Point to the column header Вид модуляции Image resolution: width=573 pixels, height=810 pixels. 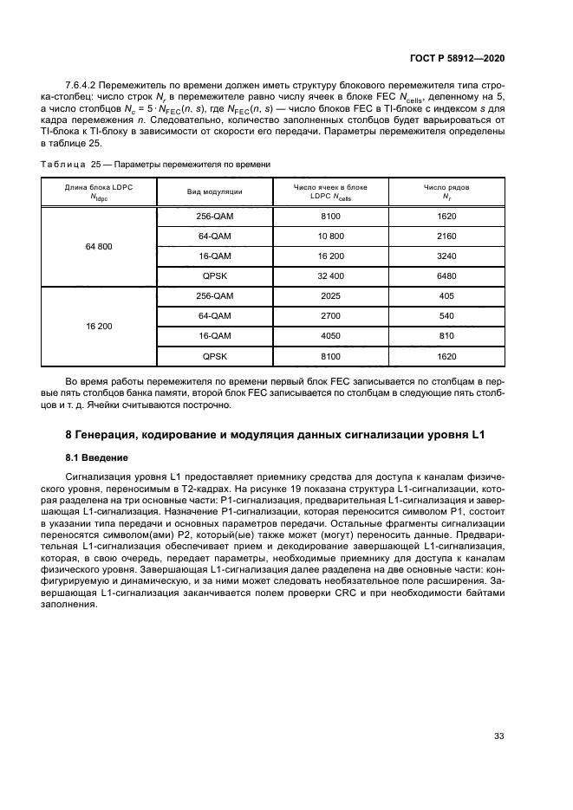(214, 191)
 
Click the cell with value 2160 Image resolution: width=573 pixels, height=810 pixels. (446, 236)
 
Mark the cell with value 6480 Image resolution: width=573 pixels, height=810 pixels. (446, 275)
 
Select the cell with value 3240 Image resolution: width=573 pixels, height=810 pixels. (446, 256)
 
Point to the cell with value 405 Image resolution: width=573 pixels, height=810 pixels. (446, 295)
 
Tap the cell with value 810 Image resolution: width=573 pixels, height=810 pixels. (446, 335)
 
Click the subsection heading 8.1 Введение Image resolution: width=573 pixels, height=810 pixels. (97, 457)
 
